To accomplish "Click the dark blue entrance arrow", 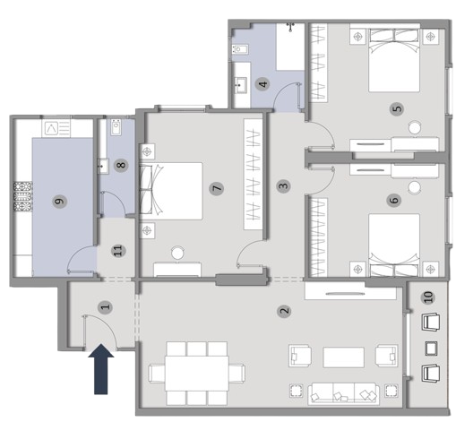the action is [x=101, y=369].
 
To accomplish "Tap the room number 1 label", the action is [x=106, y=306].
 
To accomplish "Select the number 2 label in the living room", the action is [x=285, y=311].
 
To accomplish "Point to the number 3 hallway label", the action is [x=284, y=185].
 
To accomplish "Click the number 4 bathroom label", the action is [x=263, y=84].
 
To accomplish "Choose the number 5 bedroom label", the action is [x=397, y=108].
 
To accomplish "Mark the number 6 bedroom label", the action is [x=394, y=200].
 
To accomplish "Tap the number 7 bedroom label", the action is [x=217, y=188].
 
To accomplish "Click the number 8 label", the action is [x=121, y=165].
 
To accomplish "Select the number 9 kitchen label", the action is [x=60, y=201].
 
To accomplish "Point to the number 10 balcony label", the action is [x=428, y=297].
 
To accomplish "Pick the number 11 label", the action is [x=118, y=250].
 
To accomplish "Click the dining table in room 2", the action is [x=197, y=373].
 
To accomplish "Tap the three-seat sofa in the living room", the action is [x=343, y=394].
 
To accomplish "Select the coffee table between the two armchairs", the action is [x=343, y=357].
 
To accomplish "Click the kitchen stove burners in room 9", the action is [x=23, y=196].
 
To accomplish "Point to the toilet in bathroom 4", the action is [x=240, y=49].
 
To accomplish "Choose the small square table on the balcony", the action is [x=430, y=349].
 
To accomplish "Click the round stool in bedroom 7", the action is [x=177, y=254].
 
